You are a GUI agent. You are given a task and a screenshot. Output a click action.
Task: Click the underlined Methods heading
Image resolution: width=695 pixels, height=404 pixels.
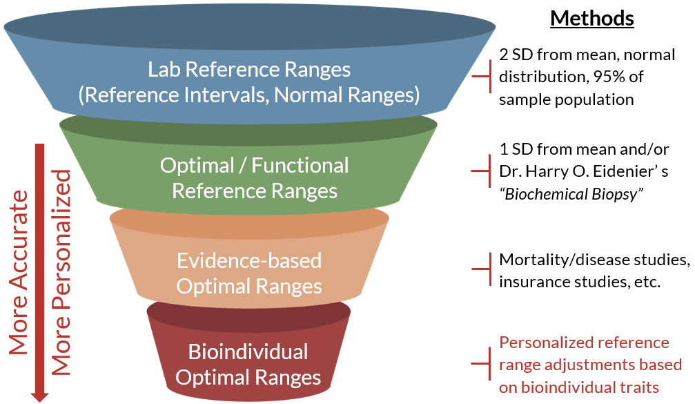[591, 19]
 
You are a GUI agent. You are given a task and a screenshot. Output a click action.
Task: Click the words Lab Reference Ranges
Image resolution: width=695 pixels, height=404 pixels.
[249, 70]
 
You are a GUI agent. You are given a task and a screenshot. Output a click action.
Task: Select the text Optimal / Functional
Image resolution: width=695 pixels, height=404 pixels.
[254, 166]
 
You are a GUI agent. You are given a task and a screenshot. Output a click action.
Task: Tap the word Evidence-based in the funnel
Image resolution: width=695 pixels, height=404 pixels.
[249, 260]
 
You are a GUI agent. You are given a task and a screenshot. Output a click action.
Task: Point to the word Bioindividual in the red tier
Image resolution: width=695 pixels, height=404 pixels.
[248, 352]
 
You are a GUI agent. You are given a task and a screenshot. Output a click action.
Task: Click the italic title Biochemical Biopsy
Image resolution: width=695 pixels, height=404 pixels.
[571, 193]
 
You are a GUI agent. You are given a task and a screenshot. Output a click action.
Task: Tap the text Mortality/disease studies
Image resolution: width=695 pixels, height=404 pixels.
[594, 261]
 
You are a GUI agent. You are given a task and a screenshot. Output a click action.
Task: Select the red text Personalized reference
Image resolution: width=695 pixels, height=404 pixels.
[584, 343]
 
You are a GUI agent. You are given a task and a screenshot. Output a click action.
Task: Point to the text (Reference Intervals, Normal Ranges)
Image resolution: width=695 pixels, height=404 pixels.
[249, 94]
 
